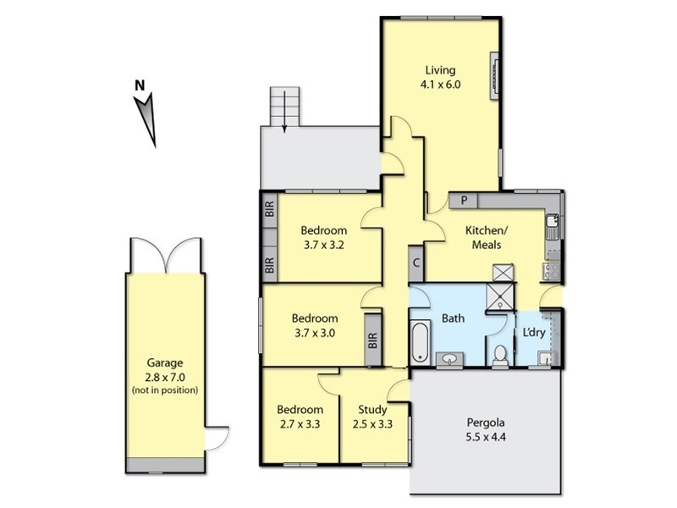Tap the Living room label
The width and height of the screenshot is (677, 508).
pyautogui.click(x=440, y=70)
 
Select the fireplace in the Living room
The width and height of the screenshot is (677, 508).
pyautogui.click(x=494, y=76)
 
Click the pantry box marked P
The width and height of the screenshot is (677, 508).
pyautogui.click(x=463, y=201)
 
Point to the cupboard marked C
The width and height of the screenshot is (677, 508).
pyautogui.click(x=416, y=262)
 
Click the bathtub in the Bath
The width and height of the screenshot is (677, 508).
pyautogui.click(x=420, y=341)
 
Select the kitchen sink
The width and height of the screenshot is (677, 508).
pyautogui.click(x=552, y=227)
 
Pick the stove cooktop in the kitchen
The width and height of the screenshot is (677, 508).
pyautogui.click(x=551, y=270)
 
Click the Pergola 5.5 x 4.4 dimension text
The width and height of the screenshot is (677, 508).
pyautogui.click(x=486, y=437)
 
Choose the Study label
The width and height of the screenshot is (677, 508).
pyautogui.click(x=372, y=409)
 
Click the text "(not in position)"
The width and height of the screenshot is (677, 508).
pyautogui.click(x=165, y=390)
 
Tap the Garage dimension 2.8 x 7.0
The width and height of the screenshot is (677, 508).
pyautogui.click(x=165, y=377)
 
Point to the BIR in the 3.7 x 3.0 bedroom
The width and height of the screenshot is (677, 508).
pyautogui.click(x=373, y=340)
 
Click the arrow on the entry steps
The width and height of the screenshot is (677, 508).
pyautogui.click(x=284, y=111)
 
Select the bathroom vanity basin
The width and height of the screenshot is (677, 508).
pyautogui.click(x=450, y=359)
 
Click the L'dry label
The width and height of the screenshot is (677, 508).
pyautogui.click(x=534, y=332)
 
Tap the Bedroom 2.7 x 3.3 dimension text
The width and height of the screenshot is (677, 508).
pyautogui.click(x=300, y=424)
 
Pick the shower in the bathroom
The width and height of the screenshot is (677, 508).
pyautogui.click(x=500, y=296)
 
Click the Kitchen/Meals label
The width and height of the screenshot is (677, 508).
pyautogui.click(x=486, y=237)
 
